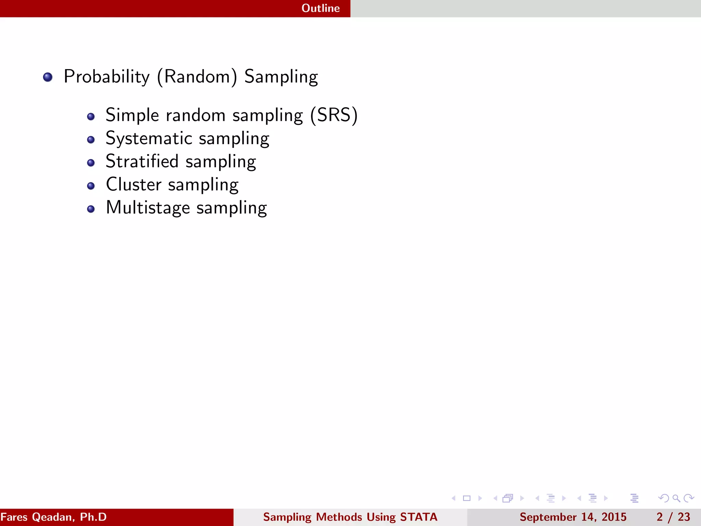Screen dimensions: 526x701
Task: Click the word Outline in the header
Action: click(x=320, y=8)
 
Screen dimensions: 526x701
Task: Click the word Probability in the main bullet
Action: click(x=106, y=77)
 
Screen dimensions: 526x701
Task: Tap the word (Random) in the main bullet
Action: click(x=197, y=77)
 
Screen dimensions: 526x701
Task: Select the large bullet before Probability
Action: click(x=48, y=77)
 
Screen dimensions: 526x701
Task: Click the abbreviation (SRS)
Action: click(x=334, y=115)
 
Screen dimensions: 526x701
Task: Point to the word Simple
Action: click(x=132, y=115)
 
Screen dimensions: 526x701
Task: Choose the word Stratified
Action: click(x=142, y=161)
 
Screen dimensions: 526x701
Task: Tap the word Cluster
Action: click(x=133, y=185)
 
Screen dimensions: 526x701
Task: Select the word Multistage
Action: click(x=148, y=208)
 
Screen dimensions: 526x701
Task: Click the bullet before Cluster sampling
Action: click(x=91, y=186)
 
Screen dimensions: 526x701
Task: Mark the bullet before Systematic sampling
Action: click(x=91, y=140)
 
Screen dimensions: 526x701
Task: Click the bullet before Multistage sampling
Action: click(x=91, y=209)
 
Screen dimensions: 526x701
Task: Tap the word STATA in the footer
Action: click(x=419, y=517)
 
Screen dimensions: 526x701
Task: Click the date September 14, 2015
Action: click(x=573, y=517)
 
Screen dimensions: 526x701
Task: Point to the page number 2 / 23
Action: click(x=673, y=517)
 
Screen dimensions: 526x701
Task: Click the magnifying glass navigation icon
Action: click(x=676, y=498)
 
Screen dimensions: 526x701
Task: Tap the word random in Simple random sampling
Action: click(x=195, y=115)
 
